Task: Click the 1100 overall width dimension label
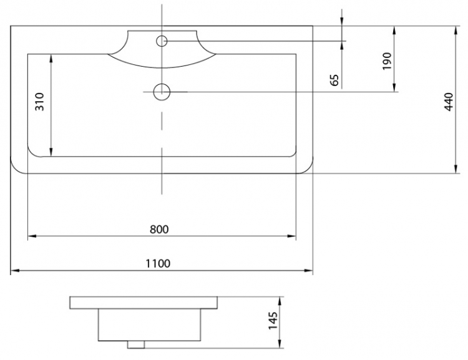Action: (158, 263)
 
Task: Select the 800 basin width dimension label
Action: (159, 229)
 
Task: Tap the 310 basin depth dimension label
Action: (40, 102)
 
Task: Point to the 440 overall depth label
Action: (449, 102)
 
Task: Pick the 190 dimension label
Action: (387, 61)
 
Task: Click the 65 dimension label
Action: (335, 80)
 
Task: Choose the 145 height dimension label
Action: (273, 321)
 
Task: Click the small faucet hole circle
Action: (162, 41)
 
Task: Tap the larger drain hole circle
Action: (162, 92)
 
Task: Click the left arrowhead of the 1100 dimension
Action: (15, 270)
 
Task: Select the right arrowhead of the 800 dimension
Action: (291, 236)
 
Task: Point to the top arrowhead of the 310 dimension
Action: (51, 59)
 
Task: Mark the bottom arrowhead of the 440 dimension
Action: (456, 169)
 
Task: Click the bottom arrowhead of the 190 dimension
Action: (394, 87)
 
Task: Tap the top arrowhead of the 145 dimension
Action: (280, 301)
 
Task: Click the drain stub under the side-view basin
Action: (136, 344)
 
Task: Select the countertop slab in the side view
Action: (144, 303)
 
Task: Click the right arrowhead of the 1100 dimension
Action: (308, 270)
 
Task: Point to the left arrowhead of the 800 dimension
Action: (32, 236)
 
